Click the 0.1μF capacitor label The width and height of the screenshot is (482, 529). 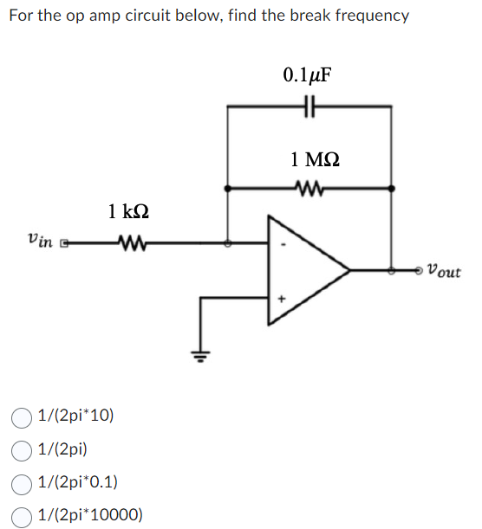pyautogui.click(x=308, y=74)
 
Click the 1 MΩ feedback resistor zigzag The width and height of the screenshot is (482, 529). pyautogui.click(x=308, y=187)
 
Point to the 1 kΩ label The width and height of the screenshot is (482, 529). pyautogui.click(x=128, y=210)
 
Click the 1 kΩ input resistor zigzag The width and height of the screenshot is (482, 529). pyautogui.click(x=128, y=244)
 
